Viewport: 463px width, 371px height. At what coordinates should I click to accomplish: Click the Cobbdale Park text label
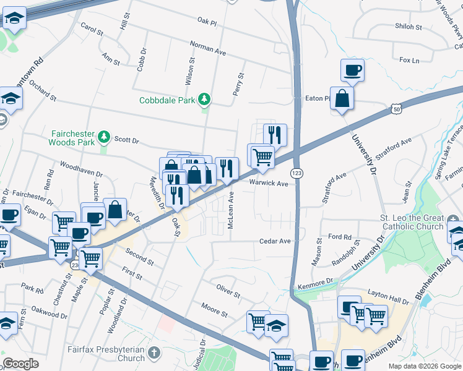click(x=166, y=100)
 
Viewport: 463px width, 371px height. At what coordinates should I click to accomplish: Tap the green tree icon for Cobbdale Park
click(x=204, y=100)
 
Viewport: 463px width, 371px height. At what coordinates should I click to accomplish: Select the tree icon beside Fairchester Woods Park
click(x=105, y=136)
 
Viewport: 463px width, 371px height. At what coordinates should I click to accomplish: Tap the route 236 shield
click(x=75, y=265)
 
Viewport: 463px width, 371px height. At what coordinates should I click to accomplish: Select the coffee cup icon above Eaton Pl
click(x=352, y=70)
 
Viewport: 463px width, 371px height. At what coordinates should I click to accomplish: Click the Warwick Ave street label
click(x=269, y=184)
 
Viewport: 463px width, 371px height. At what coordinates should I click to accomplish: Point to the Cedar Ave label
click(x=275, y=241)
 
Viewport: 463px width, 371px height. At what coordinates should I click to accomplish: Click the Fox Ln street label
click(x=409, y=60)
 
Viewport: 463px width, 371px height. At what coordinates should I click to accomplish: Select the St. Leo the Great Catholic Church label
click(x=411, y=223)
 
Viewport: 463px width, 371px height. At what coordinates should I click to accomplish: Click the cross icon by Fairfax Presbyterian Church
click(x=154, y=354)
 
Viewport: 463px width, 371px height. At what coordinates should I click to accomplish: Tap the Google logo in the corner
click(x=20, y=364)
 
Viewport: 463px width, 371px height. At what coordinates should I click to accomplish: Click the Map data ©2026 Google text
click(x=425, y=366)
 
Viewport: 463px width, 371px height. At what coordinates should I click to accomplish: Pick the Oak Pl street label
click(x=207, y=22)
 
